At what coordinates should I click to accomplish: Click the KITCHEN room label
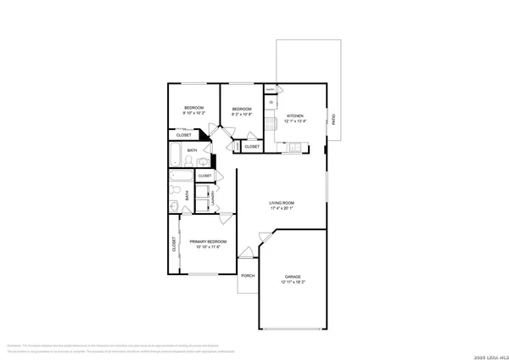(294, 115)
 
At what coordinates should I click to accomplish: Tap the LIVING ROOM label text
(282, 203)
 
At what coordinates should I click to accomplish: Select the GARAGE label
(293, 277)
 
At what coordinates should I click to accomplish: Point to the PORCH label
(248, 276)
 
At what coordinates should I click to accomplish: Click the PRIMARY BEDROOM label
(208, 242)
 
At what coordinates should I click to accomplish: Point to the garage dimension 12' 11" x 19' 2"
(293, 282)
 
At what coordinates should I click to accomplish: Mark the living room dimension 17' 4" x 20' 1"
(282, 208)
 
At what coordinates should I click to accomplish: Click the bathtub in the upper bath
(174, 156)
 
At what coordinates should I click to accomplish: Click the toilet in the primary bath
(174, 206)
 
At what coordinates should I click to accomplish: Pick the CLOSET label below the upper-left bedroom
(183, 135)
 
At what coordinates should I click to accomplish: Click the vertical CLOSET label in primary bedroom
(175, 245)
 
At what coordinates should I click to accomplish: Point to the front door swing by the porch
(246, 252)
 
